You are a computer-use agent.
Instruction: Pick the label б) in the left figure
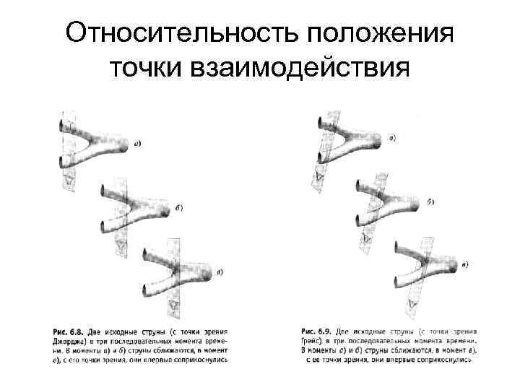[178, 207]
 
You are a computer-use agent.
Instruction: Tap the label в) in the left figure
[219, 272]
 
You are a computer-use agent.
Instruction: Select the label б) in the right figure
[430, 201]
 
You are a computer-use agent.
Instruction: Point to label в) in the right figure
[464, 265]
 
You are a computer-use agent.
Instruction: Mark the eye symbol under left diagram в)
[172, 307]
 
